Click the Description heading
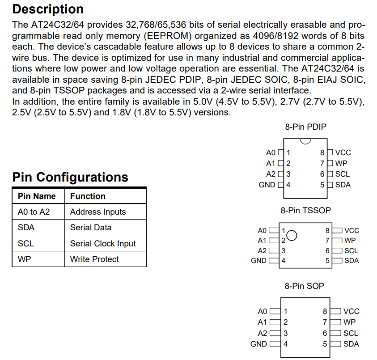tap(48, 9)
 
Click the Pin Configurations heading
tap(70, 177)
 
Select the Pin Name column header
tap(37, 196)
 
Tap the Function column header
tap(88, 196)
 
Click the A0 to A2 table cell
tap(34, 212)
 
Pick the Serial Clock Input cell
tap(103, 244)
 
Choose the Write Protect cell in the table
tap(94, 259)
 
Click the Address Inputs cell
tap(98, 212)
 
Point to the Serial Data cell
tap(91, 228)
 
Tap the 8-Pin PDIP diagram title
tap(305, 127)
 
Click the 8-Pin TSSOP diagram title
tap(305, 210)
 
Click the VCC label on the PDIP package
tap(343, 153)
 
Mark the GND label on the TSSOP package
tap(258, 261)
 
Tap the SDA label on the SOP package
tap(351, 344)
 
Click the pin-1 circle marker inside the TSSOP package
tap(292, 235)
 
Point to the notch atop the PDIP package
tap(305, 142)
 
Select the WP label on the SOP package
tap(350, 322)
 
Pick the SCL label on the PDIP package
tap(343, 174)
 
